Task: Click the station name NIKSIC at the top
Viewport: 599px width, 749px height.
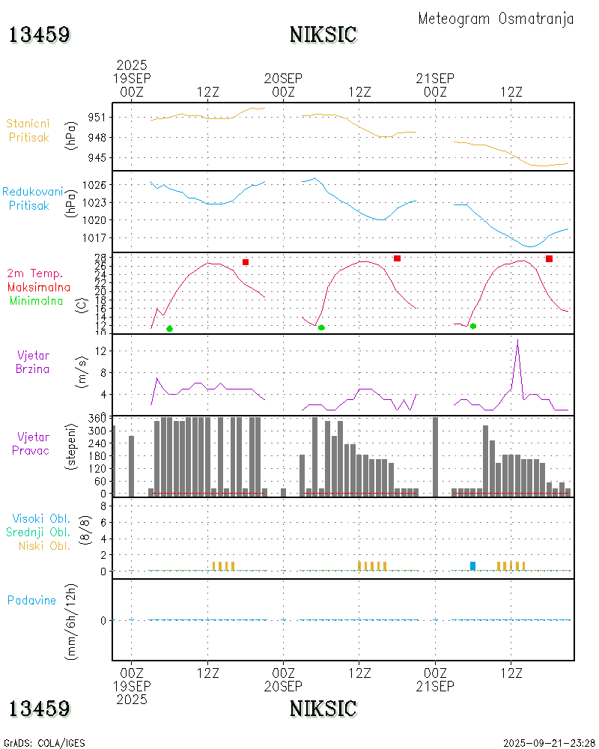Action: pyautogui.click(x=323, y=34)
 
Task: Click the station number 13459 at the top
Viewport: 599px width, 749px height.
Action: pyautogui.click(x=40, y=34)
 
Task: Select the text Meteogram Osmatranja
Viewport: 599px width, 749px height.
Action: pyautogui.click(x=496, y=19)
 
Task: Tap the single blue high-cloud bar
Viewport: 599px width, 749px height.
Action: pyautogui.click(x=472, y=565)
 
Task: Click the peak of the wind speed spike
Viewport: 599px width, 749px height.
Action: pyautogui.click(x=517, y=341)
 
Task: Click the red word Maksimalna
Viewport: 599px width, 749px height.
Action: pyautogui.click(x=39, y=287)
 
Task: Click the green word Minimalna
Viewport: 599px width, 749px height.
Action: pyautogui.click(x=40, y=300)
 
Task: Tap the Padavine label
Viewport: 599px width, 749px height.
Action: pyautogui.click(x=32, y=600)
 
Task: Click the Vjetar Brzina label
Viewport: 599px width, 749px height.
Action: pyautogui.click(x=33, y=361)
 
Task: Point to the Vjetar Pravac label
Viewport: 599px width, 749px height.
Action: pyautogui.click(x=33, y=443)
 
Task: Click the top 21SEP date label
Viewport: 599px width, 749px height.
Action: pyautogui.click(x=435, y=78)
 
